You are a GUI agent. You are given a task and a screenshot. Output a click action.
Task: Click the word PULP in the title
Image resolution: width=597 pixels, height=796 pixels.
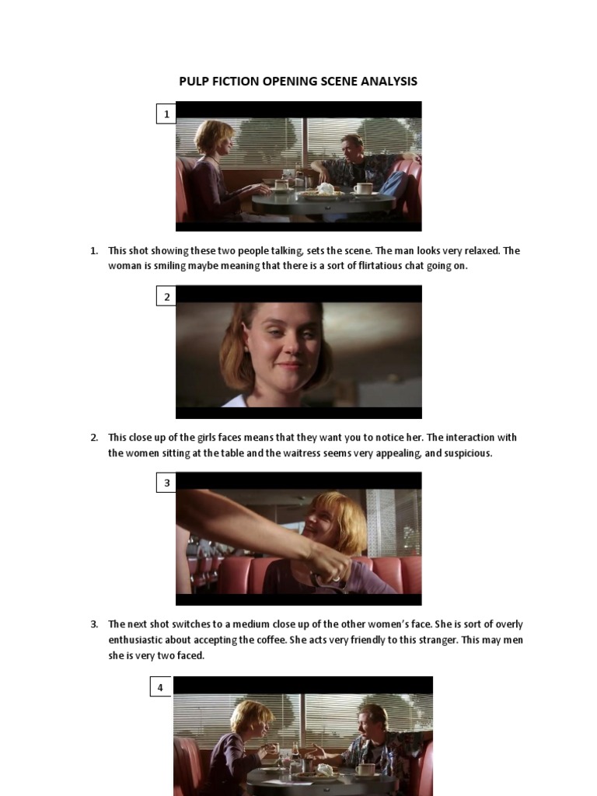click(x=193, y=81)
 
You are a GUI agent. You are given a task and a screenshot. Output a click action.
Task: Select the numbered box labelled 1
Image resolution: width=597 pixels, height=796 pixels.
click(x=166, y=114)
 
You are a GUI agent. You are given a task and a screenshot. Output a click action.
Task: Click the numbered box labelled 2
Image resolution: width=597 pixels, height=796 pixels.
click(x=166, y=296)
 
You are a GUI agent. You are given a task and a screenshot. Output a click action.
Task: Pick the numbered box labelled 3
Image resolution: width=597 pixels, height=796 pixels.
click(x=166, y=483)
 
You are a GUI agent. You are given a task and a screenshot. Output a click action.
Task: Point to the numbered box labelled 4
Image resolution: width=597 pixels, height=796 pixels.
click(x=160, y=687)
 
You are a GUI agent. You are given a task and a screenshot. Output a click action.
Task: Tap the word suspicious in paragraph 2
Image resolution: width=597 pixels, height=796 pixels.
click(x=466, y=453)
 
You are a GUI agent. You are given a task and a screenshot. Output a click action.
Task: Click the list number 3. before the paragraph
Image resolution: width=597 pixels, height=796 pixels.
click(x=94, y=624)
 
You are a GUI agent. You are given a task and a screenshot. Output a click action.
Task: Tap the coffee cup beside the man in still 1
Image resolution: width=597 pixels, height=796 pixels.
click(x=363, y=188)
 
